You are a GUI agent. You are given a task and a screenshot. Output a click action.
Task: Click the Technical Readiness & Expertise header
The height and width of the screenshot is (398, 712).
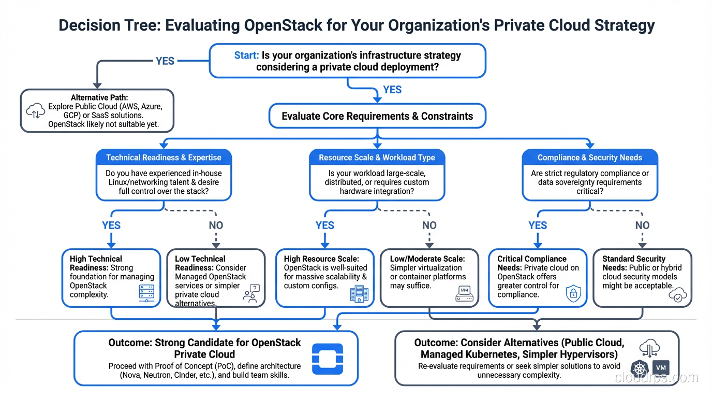164,158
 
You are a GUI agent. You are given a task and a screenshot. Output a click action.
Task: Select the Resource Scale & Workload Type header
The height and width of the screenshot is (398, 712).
377,158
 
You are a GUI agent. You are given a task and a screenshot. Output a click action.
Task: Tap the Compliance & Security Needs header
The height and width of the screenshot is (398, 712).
590,158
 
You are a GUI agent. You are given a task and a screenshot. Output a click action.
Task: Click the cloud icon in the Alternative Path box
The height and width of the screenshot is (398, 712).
35,110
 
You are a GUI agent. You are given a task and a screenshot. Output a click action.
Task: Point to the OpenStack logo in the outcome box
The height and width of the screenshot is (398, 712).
328,359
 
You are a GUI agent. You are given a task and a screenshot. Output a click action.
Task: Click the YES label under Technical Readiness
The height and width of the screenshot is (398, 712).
111,225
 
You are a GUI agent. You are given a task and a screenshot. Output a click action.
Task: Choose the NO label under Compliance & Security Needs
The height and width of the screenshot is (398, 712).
642,225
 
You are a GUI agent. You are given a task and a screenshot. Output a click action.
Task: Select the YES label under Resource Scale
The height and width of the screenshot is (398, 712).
324,225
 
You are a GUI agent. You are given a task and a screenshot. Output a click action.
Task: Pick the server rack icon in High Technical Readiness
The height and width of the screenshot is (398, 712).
147,293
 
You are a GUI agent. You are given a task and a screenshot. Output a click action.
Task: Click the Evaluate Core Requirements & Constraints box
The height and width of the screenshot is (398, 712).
377,116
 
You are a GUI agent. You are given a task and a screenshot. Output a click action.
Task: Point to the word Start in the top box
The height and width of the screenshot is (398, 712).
246,55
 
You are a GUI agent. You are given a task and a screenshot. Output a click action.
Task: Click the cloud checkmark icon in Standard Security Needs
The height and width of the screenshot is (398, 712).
677,295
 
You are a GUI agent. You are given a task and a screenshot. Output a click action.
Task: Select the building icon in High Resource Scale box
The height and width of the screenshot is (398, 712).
357,294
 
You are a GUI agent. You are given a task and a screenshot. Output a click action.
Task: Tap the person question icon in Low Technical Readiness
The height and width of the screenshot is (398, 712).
251,294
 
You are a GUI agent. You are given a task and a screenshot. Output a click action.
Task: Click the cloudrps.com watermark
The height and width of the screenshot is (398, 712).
656,377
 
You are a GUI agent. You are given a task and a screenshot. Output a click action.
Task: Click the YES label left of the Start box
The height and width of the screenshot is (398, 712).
165,61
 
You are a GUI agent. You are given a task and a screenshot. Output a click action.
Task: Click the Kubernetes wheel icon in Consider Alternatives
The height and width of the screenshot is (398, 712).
640,369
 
